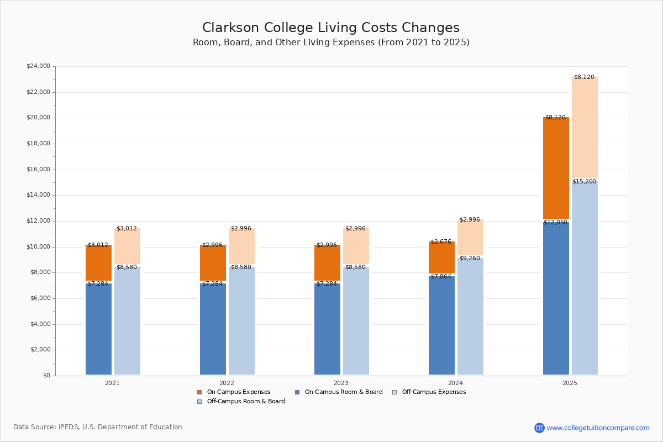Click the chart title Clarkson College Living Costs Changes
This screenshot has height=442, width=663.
point(331,28)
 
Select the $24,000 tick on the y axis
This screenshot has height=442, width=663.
point(38,66)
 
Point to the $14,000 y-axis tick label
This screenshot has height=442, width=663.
point(38,195)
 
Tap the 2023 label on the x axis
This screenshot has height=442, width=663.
point(341,383)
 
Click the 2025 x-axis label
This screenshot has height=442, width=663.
point(570,383)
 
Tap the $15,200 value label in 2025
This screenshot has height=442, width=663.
point(584,181)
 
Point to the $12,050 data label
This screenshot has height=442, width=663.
point(555,223)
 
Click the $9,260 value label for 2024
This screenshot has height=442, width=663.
point(470,258)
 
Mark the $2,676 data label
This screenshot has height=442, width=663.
point(441,241)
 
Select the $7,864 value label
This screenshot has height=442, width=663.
point(441,276)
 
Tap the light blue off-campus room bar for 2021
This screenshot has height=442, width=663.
point(127,320)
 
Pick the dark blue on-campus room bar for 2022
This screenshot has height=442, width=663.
point(213,329)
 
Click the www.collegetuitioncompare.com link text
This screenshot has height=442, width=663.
point(598,428)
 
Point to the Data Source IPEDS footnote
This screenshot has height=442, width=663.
point(98,427)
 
